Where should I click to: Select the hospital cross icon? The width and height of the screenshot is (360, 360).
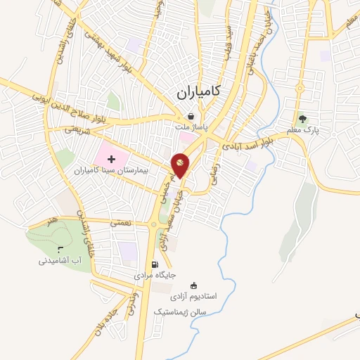111,160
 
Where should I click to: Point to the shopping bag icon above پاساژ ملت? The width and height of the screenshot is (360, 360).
200,117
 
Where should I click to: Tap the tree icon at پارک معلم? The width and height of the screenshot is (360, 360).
303,119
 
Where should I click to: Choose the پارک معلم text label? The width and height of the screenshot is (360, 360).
304,129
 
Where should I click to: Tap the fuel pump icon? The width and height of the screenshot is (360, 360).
154,265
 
